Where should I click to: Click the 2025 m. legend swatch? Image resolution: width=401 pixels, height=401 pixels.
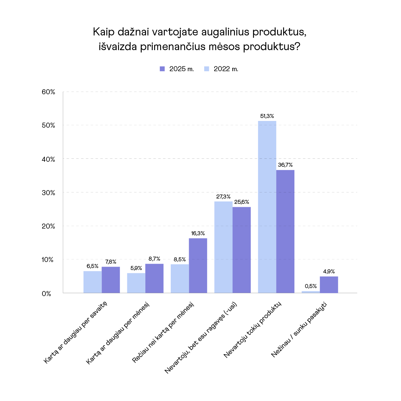tap(162, 69)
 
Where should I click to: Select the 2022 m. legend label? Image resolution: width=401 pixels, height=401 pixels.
tap(226, 69)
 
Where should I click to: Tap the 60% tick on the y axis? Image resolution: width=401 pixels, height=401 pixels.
tap(48, 92)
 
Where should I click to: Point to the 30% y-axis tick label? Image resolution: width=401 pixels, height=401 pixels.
tap(48, 193)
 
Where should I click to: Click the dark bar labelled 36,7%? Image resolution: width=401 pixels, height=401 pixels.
tap(285, 232)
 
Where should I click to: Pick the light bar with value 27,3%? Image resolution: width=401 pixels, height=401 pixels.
tap(223, 247)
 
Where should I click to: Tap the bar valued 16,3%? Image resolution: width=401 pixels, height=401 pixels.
tap(198, 266)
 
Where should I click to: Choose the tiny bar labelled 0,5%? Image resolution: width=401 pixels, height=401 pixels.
tap(311, 292)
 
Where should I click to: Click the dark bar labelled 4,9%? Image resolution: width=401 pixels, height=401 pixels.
tap(329, 285)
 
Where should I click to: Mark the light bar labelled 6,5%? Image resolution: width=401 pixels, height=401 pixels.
tap(93, 282)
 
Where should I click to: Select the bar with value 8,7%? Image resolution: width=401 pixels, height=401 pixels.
tap(154, 278)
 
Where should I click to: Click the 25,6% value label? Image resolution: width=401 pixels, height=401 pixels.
tap(242, 202)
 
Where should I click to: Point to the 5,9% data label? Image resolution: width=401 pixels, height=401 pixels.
tap(136, 268)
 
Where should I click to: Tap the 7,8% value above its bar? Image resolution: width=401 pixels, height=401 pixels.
tap(111, 262)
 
